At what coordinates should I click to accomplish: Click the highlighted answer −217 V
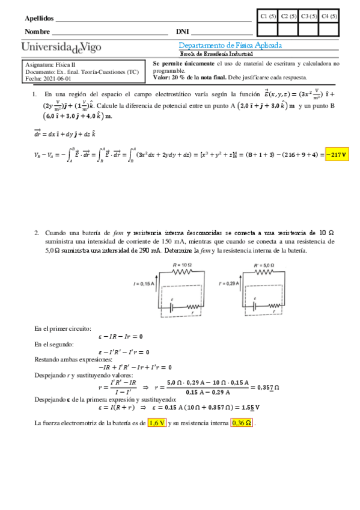click(x=337, y=155)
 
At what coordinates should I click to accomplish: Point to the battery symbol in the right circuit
click(x=259, y=306)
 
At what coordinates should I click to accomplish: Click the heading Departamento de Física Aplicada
click(x=230, y=46)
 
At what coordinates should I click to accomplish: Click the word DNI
click(x=182, y=31)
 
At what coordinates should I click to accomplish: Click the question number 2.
click(x=36, y=233)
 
